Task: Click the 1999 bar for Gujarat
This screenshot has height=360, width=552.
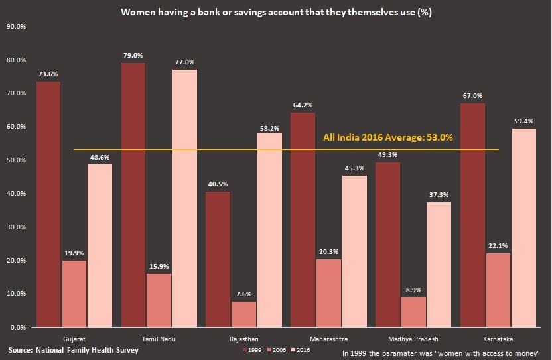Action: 48,204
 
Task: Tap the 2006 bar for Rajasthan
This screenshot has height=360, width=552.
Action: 244,314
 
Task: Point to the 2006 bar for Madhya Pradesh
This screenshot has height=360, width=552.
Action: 413,312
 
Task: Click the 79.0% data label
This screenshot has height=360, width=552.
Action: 133,55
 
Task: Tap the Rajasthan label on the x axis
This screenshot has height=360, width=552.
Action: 243,338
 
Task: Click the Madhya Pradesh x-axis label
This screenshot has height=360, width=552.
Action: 413,338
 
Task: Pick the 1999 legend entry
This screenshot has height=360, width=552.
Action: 251,349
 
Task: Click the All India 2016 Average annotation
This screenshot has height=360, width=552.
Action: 387,138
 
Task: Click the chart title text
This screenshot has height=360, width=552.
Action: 275,12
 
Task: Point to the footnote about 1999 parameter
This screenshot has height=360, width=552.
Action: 441,353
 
